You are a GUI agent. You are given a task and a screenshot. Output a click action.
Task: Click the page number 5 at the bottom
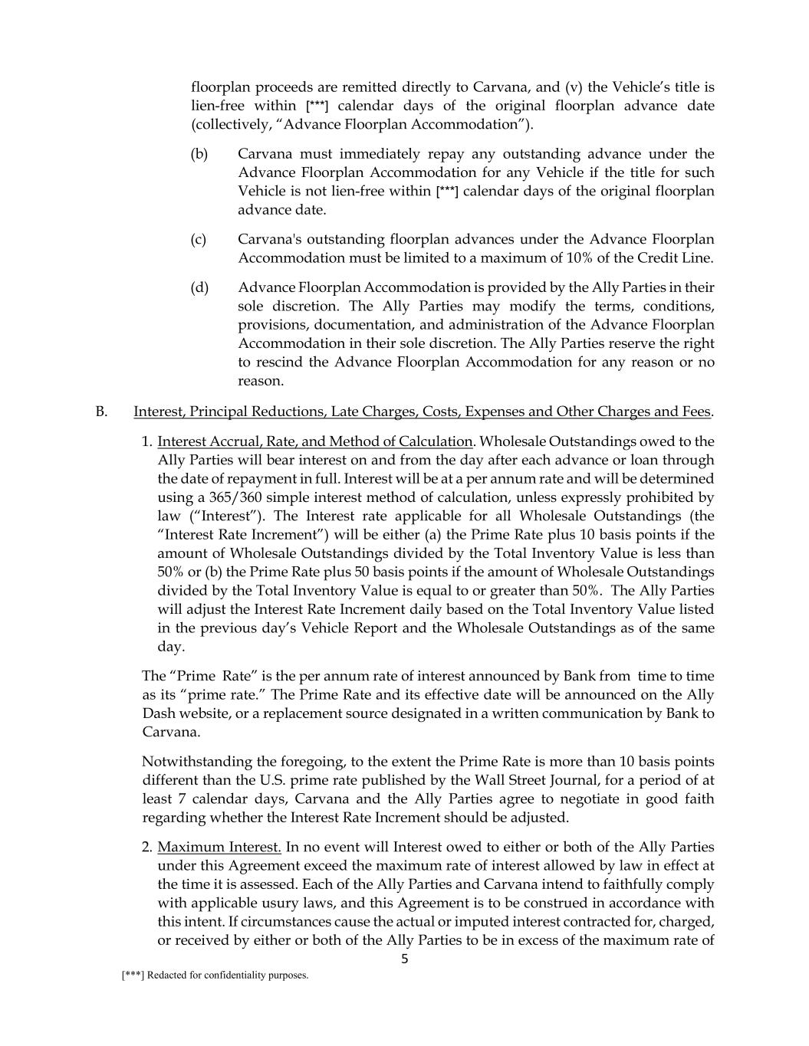click(x=405, y=959)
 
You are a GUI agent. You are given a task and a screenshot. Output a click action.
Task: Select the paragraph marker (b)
click(x=199, y=154)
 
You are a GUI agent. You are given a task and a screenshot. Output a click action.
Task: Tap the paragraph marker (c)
click(x=199, y=240)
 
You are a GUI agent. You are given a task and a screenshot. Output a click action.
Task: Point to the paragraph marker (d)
click(x=199, y=287)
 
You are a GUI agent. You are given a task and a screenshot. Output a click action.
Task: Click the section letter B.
click(x=100, y=412)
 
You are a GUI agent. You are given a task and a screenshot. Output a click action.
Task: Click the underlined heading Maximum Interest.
click(x=219, y=847)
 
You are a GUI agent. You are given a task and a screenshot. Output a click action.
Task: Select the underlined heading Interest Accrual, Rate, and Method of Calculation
click(x=314, y=441)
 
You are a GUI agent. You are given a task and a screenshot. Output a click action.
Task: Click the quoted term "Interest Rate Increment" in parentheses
click(x=233, y=535)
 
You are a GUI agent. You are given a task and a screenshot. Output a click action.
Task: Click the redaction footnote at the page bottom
click(x=215, y=976)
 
